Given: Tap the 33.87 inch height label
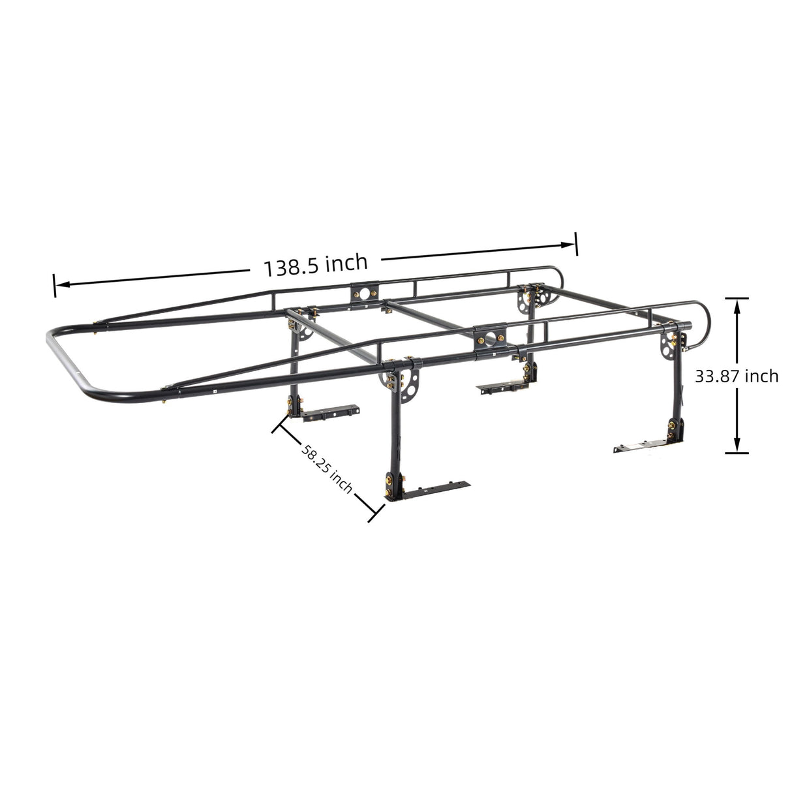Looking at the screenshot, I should [736, 376].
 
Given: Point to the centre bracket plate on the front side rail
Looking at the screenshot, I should [489, 336].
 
